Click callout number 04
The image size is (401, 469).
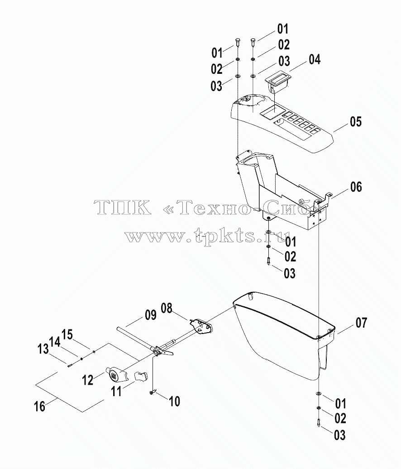click(x=315, y=59)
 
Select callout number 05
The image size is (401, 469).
click(x=356, y=121)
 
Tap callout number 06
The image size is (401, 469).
click(x=356, y=187)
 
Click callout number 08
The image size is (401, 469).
click(x=167, y=308)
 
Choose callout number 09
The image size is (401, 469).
click(x=151, y=315)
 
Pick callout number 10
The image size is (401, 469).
click(x=175, y=401)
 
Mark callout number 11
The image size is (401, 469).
click(x=116, y=391)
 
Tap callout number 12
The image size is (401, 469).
click(x=87, y=380)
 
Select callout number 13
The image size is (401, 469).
click(x=43, y=349)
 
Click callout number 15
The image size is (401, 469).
click(x=67, y=334)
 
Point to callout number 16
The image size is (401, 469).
click(x=40, y=406)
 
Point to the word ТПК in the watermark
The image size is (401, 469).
click(x=122, y=207)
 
